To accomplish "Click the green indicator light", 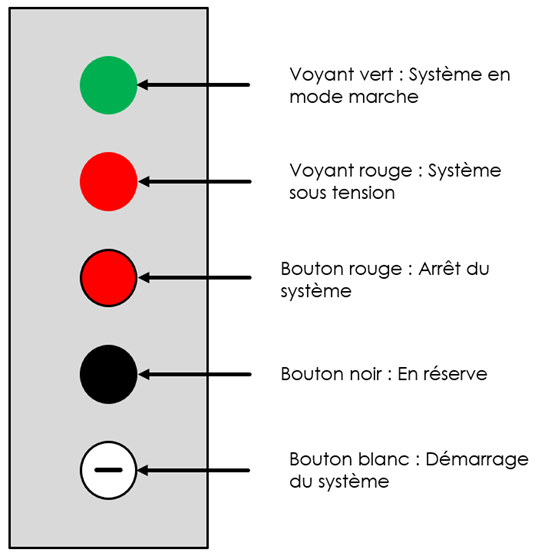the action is coord(109,85).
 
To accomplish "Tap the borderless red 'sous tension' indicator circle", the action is coord(109,182).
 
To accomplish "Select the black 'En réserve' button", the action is coord(109,374).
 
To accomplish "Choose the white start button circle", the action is coord(109,470).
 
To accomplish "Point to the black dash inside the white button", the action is coord(109,470).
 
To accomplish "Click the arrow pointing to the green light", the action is coord(194,85).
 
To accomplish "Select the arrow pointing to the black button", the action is coord(195,374).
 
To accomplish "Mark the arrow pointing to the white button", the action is coord(194,470).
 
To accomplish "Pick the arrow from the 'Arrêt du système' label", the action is coord(195,277).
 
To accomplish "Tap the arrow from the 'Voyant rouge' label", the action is coord(195,182).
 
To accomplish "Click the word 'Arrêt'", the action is coord(439,268).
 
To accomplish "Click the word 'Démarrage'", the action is coord(477,460).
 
